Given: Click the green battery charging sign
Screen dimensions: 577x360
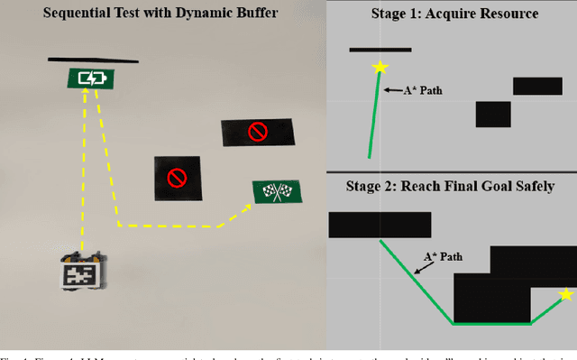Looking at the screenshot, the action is [92, 78].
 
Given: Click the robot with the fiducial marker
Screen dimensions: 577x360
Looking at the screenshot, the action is [81, 271].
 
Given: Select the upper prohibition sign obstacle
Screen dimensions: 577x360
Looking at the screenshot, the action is [258, 133].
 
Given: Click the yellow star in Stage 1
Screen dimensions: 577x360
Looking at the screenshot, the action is [380, 68].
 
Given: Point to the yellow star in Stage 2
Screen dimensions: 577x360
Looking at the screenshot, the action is [565, 295].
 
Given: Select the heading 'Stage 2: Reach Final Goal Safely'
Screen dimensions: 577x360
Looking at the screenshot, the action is [450, 187].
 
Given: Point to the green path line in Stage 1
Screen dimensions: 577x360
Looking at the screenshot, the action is [373, 113].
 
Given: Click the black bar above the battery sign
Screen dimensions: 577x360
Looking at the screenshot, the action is [94, 61].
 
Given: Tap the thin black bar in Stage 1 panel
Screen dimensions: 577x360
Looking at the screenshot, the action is [380, 50].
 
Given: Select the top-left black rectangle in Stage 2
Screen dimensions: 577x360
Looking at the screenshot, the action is [380, 224].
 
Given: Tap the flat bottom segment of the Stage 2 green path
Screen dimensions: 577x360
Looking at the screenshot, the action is [491, 322].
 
